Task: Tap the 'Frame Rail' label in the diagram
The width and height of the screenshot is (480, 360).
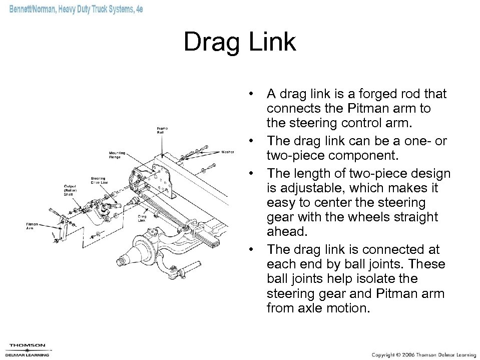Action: click(163, 130)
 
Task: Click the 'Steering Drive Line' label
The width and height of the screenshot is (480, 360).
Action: click(99, 181)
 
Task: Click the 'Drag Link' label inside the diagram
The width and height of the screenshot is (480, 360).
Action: click(142, 218)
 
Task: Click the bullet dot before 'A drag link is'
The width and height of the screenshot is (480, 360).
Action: click(255, 94)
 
